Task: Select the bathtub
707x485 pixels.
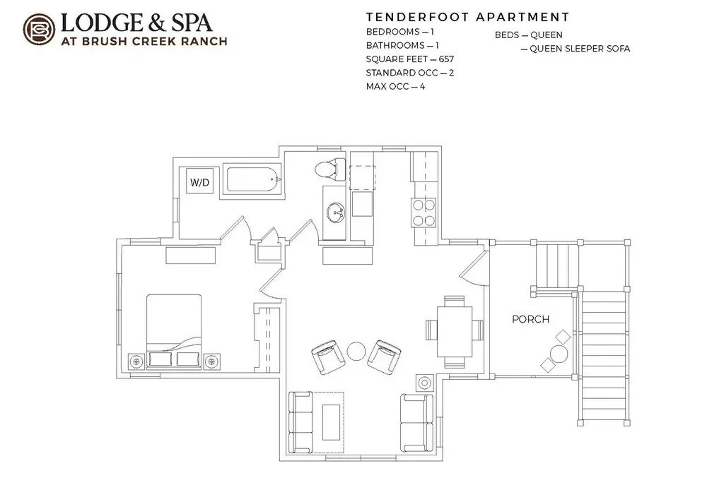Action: pos(253,181)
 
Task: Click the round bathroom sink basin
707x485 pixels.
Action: pos(335,212)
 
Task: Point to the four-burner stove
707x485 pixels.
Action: pos(423,212)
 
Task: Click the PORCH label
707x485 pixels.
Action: pos(531,319)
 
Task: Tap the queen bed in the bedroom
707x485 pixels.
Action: pos(174,331)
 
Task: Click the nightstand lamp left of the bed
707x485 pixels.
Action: pos(136,361)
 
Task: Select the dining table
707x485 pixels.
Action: pos(455,331)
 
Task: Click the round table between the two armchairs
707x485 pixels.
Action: pos(356,352)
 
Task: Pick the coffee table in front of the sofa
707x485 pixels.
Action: pos(332,422)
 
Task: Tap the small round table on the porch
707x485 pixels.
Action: pos(559,354)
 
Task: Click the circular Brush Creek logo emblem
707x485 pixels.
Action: pos(39,30)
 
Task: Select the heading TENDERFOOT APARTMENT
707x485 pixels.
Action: pos(467,18)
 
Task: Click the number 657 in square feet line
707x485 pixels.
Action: pos(446,59)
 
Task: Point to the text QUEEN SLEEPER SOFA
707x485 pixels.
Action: pos(580,49)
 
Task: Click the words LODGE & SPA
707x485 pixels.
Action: pos(136,23)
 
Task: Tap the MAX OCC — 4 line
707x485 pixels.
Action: pos(395,86)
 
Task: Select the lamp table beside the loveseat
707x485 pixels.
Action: pos(425,383)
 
